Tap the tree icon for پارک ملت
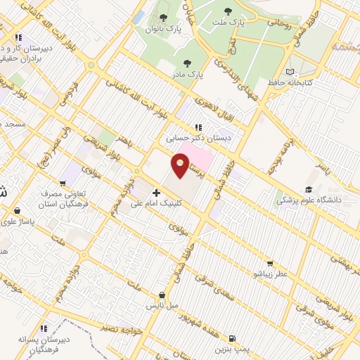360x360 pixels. (227, 11)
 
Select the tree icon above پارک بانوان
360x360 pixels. (164, 18)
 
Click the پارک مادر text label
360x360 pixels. (188, 73)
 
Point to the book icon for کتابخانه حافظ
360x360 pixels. (292, 72)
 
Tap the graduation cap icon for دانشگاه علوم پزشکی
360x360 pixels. (308, 190)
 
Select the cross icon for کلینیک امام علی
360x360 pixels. (156, 191)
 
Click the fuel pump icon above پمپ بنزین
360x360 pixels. (232, 338)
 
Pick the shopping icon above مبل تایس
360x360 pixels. (162, 295)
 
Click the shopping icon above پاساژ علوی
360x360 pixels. (16, 209)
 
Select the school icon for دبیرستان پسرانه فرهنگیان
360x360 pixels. (44, 328)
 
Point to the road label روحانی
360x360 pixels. (277, 22)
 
